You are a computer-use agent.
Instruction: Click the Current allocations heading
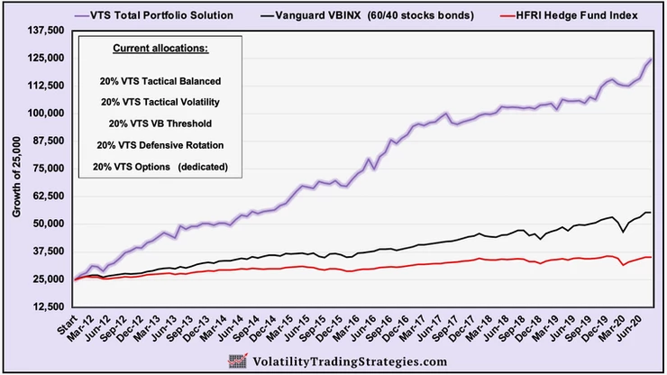pos(159,47)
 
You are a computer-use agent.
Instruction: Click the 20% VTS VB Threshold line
pos(159,123)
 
